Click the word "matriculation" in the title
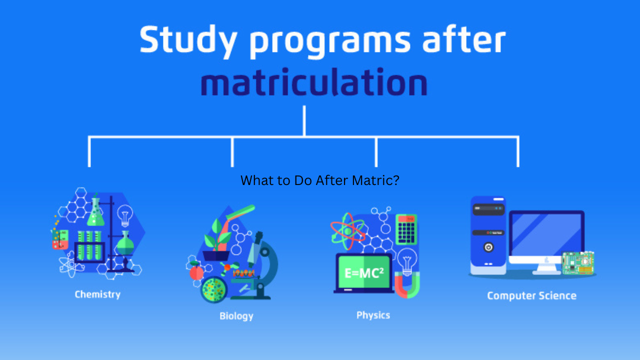point(314,82)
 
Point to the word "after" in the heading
point(464,39)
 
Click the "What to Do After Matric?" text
point(320,180)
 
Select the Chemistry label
point(97,294)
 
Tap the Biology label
point(236,316)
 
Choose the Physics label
point(373,315)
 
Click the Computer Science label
point(531,295)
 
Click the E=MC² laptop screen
point(363,272)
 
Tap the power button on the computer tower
point(488,247)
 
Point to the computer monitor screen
point(546,234)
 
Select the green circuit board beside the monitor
point(578,262)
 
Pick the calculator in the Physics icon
point(406,229)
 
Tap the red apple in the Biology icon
point(196,272)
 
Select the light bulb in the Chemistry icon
point(125,215)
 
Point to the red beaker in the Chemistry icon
point(60,239)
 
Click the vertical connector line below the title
point(304,121)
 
